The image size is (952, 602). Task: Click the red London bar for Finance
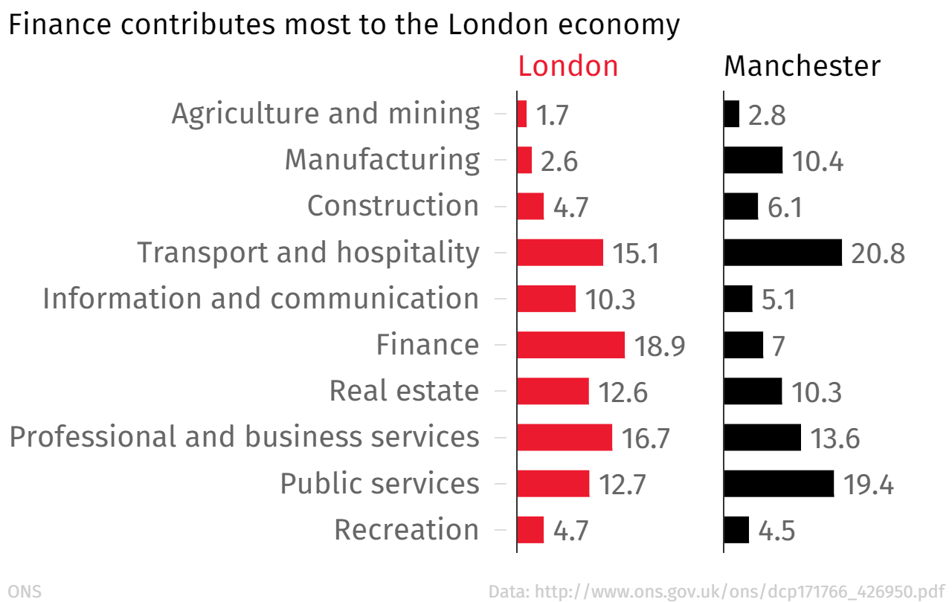(570, 345)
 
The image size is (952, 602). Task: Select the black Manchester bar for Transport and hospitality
(782, 253)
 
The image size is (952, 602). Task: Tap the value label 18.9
(660, 346)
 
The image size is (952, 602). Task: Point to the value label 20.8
(878, 254)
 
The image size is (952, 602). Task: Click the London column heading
(568, 66)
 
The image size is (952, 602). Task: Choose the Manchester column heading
(803, 66)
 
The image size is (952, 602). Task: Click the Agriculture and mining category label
(326, 114)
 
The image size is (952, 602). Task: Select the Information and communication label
(261, 298)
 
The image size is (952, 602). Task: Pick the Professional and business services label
(245, 436)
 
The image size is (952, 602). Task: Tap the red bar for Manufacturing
(524, 161)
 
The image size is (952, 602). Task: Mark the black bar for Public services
(779, 483)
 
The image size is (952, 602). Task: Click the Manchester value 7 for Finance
(779, 346)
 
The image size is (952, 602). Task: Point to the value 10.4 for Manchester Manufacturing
(817, 161)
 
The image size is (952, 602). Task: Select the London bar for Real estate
(553, 391)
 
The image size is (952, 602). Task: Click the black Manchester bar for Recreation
(736, 529)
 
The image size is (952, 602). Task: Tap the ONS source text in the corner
(25, 592)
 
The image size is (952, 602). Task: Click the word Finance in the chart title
(58, 25)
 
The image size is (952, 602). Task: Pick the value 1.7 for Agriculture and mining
(553, 115)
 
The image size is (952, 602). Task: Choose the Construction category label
(393, 206)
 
